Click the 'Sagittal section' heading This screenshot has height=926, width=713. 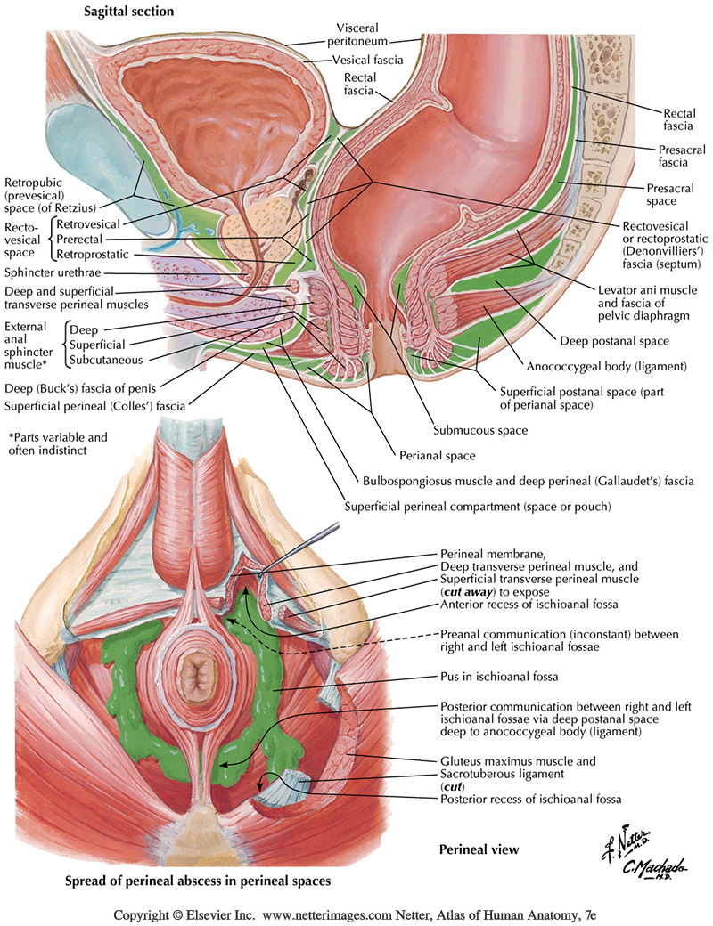point(128,12)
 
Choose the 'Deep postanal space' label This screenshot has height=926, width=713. point(608,340)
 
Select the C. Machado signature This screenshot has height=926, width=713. point(636,868)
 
